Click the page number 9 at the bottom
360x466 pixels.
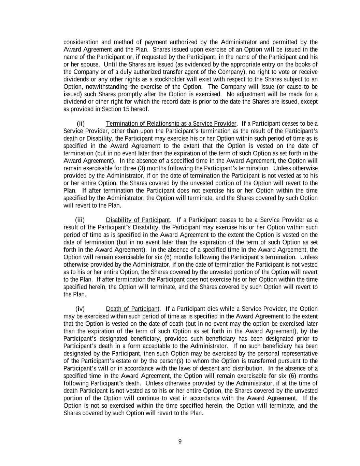[x=180, y=441]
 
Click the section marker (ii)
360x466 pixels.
[x=81, y=123]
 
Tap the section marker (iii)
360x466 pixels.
[x=80, y=220]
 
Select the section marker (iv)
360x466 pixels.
[x=80, y=309]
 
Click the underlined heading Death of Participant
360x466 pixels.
[x=132, y=309]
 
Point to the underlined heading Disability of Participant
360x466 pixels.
[x=138, y=220]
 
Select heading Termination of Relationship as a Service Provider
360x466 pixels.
[x=171, y=123]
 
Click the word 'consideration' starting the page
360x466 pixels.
[x=81, y=42]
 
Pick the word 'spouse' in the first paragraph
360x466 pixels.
[x=90, y=64]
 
